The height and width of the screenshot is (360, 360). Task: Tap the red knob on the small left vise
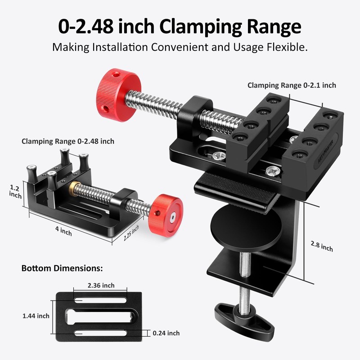click(166, 216)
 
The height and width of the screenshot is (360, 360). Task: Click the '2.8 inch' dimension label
click(322, 246)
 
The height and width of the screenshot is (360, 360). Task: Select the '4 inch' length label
click(63, 231)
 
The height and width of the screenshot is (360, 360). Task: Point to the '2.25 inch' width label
click(131, 233)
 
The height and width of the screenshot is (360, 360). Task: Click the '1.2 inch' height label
click(15, 192)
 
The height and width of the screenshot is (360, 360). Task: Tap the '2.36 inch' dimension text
click(101, 285)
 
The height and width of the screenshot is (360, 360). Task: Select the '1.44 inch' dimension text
click(36, 316)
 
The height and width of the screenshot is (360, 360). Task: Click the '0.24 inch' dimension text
click(166, 333)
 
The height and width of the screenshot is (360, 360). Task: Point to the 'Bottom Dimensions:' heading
click(62, 268)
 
